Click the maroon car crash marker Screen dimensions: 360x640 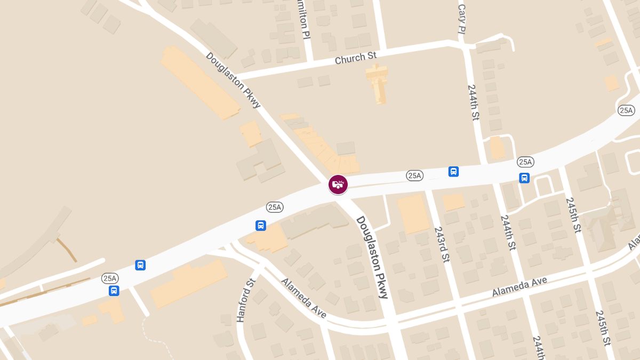[x=338, y=185]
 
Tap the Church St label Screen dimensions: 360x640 [x=355, y=58]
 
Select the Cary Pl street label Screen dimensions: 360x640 [x=462, y=18]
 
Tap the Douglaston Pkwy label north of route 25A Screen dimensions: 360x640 [x=233, y=80]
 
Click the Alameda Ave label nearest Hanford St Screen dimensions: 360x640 [x=303, y=298]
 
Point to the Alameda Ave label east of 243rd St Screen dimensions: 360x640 [x=519, y=286]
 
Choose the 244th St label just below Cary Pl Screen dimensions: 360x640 [x=473, y=102]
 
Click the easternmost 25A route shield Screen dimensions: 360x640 [x=626, y=110]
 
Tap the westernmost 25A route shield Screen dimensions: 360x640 [x=110, y=278]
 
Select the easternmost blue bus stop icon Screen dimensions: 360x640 [x=524, y=178]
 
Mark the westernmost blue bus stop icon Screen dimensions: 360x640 [x=114, y=291]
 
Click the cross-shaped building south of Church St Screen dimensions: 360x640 [x=377, y=83]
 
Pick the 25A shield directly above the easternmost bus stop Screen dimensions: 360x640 [x=525, y=162]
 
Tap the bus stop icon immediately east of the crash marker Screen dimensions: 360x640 [x=453, y=172]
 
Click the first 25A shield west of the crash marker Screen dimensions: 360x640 [x=275, y=207]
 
